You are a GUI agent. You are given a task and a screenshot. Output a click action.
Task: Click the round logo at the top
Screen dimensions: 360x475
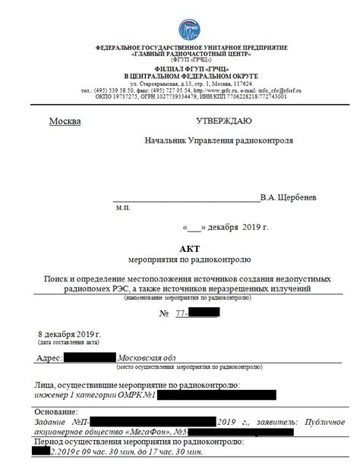189,30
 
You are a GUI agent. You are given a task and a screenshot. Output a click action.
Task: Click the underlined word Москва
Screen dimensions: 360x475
65,121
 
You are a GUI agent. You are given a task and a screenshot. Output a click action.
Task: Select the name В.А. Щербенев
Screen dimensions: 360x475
288,197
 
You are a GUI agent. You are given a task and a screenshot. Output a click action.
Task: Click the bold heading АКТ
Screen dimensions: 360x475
188,247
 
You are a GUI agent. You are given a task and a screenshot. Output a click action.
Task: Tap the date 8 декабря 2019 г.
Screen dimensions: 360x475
69,334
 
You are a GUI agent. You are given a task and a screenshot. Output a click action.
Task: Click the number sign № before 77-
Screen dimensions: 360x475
162,313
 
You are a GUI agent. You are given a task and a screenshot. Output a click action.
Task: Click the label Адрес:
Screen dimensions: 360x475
49,357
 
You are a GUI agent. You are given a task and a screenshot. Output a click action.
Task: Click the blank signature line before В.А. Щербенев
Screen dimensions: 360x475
185,199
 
